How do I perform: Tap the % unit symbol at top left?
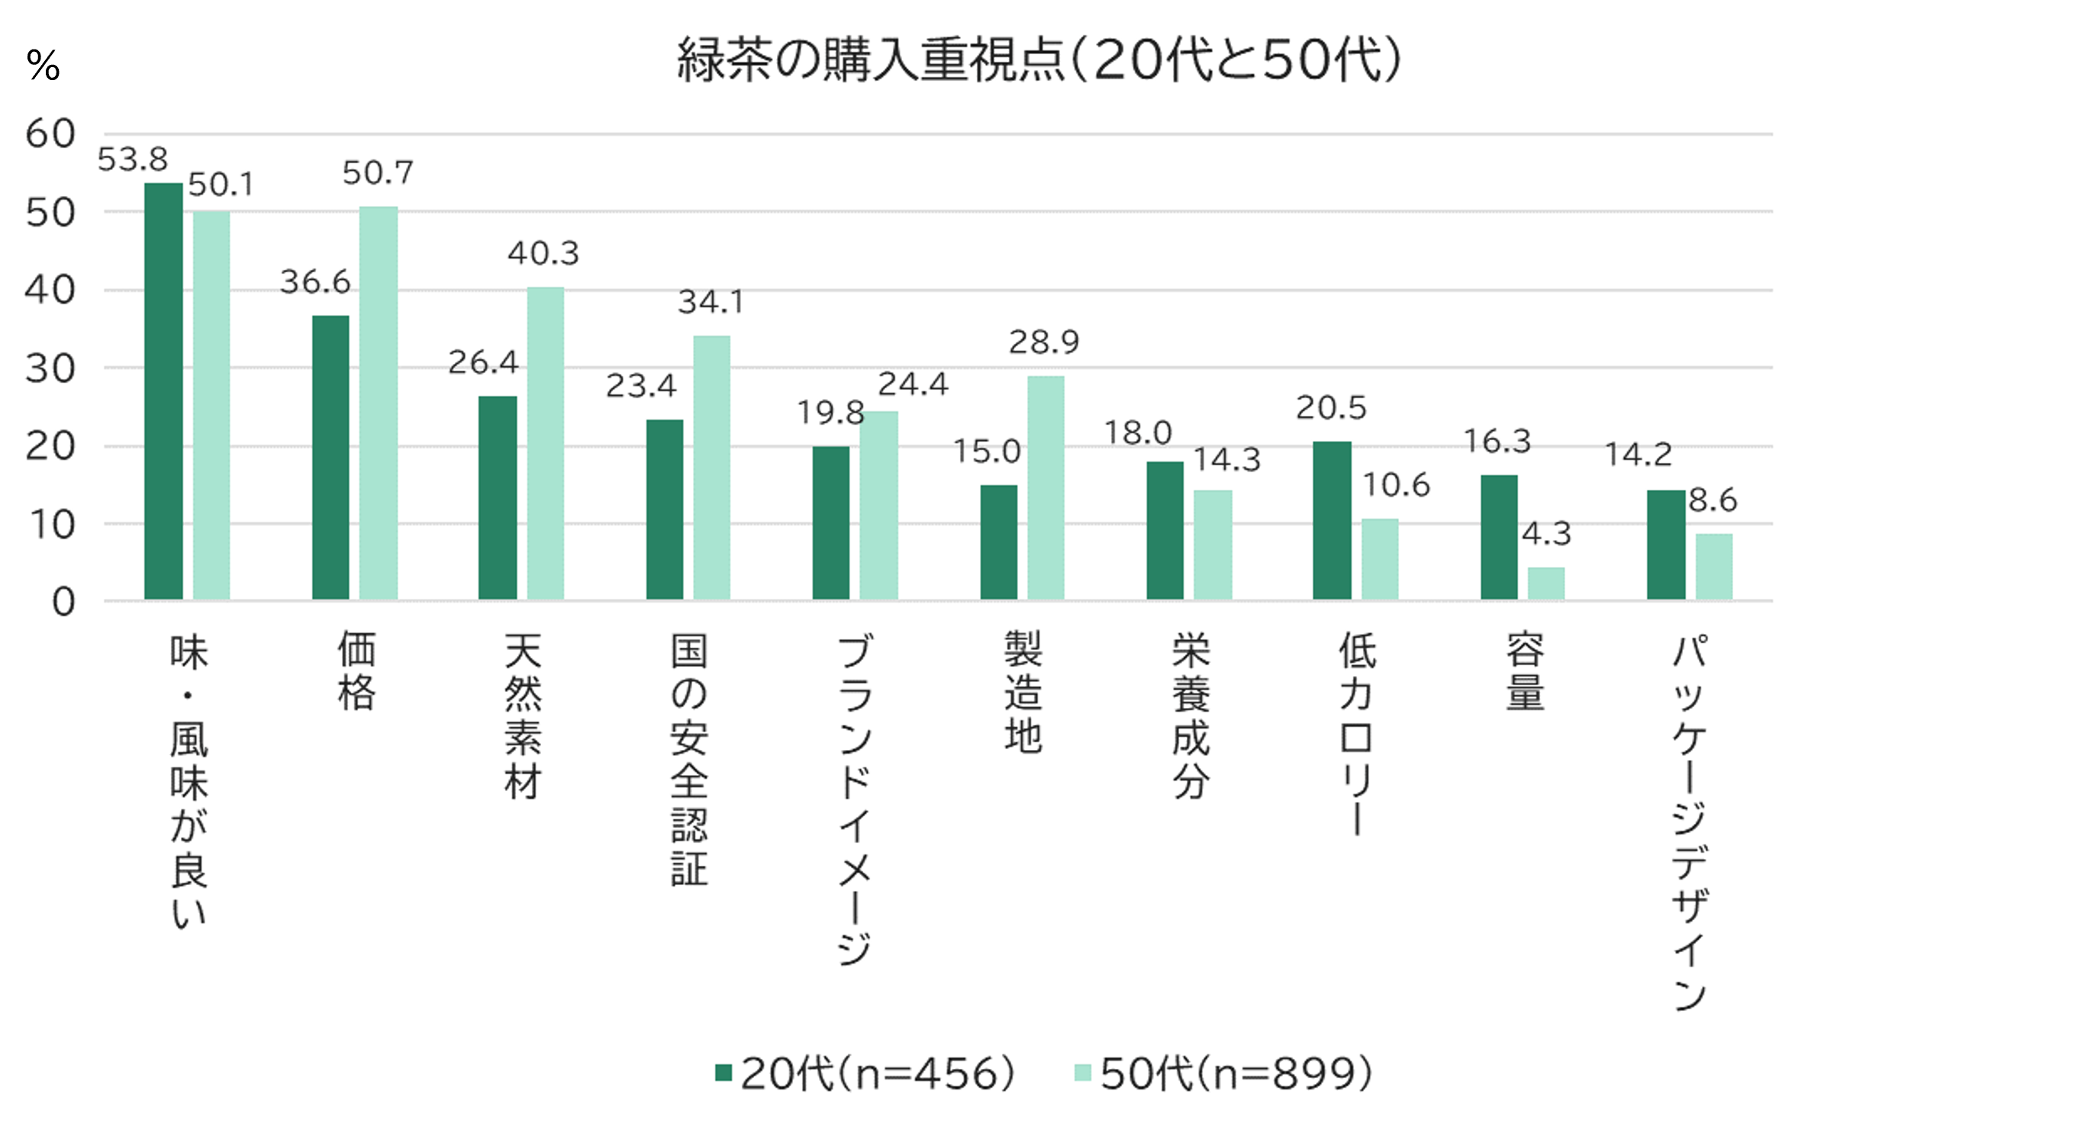pyautogui.click(x=43, y=65)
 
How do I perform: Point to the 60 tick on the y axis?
pyautogui.click(x=50, y=134)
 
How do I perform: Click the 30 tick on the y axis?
pyautogui.click(x=50, y=369)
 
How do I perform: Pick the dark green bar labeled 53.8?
pyautogui.click(x=163, y=391)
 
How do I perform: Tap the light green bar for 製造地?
pyautogui.click(x=1046, y=487)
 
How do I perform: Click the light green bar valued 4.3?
pyautogui.click(x=1545, y=584)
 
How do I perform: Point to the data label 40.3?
pyautogui.click(x=543, y=254)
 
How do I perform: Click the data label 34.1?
pyautogui.click(x=711, y=302)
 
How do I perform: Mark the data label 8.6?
pyautogui.click(x=1713, y=500)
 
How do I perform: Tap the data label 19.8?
pyautogui.click(x=830, y=413)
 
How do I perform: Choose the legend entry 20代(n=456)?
pyautogui.click(x=865, y=1073)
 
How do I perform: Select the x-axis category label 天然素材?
pyautogui.click(x=522, y=716)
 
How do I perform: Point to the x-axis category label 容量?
pyautogui.click(x=1525, y=671)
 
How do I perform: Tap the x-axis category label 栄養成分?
pyautogui.click(x=1191, y=716)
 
